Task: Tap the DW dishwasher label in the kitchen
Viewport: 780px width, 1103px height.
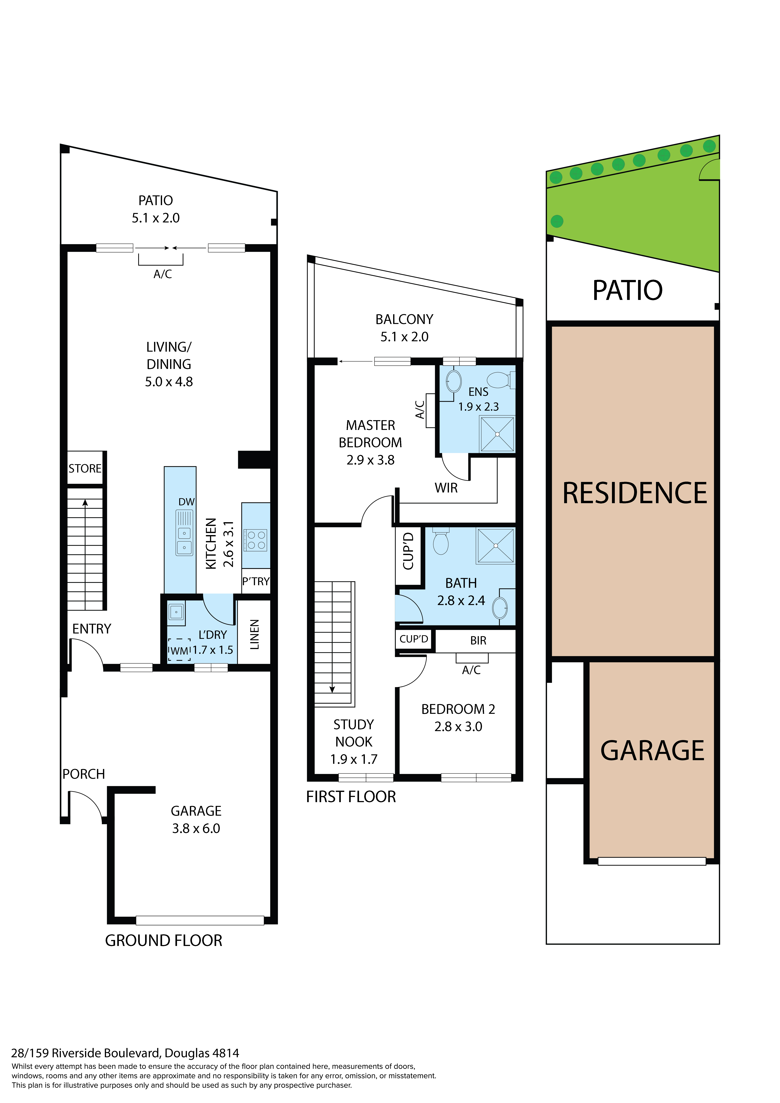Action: [x=186, y=502]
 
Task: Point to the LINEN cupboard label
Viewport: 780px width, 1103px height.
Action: [x=254, y=635]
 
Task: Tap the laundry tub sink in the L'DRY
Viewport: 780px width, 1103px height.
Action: [x=176, y=613]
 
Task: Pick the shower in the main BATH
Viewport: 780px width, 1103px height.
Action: [x=496, y=546]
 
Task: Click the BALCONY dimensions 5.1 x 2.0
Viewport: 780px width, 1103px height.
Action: [x=404, y=337]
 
